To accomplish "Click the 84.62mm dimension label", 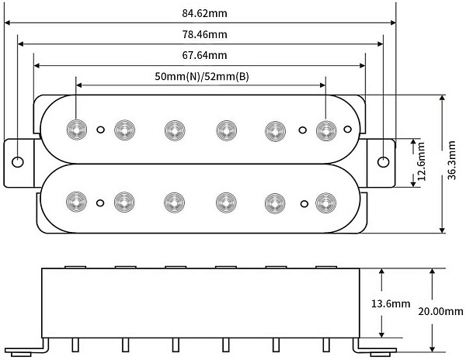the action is click(x=204, y=13).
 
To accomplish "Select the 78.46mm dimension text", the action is click(x=204, y=34).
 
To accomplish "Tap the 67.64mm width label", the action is click(x=204, y=55).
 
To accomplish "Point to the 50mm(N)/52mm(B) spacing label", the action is click(x=202, y=77).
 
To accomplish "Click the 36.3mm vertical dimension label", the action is click(x=452, y=161).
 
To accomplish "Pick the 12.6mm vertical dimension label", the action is click(x=422, y=161).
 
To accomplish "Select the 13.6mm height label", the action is click(x=391, y=303).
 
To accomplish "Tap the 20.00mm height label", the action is click(x=440, y=311).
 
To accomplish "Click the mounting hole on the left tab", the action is click(x=18, y=162).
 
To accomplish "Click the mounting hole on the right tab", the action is click(x=383, y=161).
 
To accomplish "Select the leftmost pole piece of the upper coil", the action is click(x=76, y=130).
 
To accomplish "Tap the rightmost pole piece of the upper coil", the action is click(x=326, y=130).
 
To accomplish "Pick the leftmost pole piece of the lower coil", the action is click(x=76, y=202).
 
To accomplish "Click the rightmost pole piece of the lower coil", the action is click(x=325, y=203).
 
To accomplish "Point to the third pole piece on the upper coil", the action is click(x=175, y=130).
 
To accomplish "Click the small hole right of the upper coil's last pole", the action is click(x=348, y=129).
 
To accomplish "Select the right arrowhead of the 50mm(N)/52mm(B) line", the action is click(x=322, y=85).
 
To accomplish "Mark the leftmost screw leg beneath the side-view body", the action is click(x=75, y=344).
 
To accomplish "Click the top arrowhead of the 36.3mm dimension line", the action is click(x=442, y=99).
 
